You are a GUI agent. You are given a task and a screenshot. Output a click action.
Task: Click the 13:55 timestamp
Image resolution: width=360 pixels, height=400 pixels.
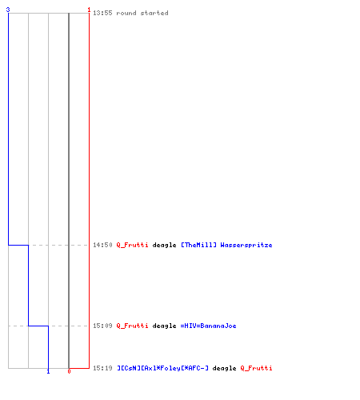click(102, 13)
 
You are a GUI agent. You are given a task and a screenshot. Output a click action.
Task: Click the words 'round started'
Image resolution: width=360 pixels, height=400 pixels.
click(142, 13)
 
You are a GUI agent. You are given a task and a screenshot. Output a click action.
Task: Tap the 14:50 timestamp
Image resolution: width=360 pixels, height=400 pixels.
click(102, 245)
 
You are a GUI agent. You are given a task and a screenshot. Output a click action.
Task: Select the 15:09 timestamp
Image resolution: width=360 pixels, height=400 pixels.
click(102, 326)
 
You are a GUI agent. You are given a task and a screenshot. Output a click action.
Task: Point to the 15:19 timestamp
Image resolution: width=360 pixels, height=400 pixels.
click(102, 368)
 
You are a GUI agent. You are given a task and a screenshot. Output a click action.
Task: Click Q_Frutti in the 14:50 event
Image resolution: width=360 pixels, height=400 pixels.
click(132, 245)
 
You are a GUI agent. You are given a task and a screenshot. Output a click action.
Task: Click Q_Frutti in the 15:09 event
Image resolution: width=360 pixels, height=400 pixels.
click(132, 326)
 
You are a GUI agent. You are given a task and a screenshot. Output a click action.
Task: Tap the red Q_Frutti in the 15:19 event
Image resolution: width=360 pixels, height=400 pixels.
click(256, 368)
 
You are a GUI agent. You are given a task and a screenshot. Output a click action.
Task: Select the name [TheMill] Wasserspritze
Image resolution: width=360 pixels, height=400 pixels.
click(226, 245)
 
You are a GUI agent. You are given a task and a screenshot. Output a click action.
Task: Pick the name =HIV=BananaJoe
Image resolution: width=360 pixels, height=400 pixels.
click(208, 326)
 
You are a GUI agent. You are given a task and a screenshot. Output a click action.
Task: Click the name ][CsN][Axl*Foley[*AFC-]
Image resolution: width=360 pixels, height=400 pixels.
click(162, 368)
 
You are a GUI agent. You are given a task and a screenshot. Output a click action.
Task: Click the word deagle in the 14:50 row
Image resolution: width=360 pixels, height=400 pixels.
click(164, 245)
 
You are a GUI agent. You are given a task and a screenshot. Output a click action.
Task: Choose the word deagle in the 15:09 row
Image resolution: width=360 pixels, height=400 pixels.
click(164, 326)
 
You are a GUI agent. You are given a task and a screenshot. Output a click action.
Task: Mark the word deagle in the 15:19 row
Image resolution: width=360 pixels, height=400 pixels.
click(224, 368)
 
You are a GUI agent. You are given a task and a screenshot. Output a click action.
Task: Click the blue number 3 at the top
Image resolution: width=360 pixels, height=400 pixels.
click(8, 10)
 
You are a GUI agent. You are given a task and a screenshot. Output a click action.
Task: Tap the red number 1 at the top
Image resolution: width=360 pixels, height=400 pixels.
click(89, 10)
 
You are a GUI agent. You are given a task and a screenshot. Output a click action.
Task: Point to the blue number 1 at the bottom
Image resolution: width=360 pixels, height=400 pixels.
click(48, 371)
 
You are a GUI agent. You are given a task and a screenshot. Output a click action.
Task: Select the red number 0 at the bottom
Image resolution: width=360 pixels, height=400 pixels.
click(69, 371)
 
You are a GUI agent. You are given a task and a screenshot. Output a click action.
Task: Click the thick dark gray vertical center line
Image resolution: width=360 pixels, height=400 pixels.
click(69, 190)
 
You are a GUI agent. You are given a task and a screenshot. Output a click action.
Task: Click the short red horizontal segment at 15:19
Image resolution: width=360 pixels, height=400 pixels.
click(79, 368)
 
